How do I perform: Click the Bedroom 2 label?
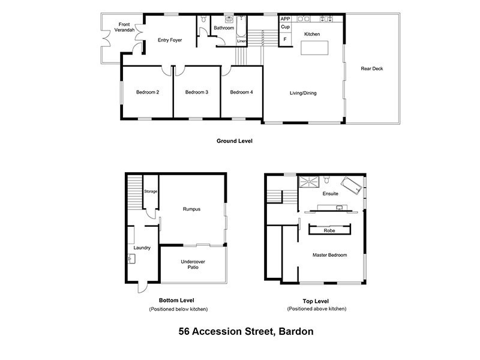(x=147, y=92)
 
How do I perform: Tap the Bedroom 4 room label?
(x=241, y=92)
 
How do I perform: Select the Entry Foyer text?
(x=170, y=40)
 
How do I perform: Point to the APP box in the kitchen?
(x=285, y=19)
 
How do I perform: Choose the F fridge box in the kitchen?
(x=285, y=40)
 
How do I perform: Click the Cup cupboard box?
(x=285, y=28)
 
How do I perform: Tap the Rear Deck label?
(x=371, y=68)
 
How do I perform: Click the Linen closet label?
(x=241, y=41)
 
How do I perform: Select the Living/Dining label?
(x=303, y=93)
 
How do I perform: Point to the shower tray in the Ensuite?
(x=310, y=179)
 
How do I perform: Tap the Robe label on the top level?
(x=329, y=230)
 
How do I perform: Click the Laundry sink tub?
(x=132, y=259)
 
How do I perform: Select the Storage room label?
(x=150, y=191)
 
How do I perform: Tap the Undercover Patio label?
(x=190, y=264)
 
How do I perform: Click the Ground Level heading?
(x=234, y=142)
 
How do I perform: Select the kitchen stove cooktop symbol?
(x=328, y=19)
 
